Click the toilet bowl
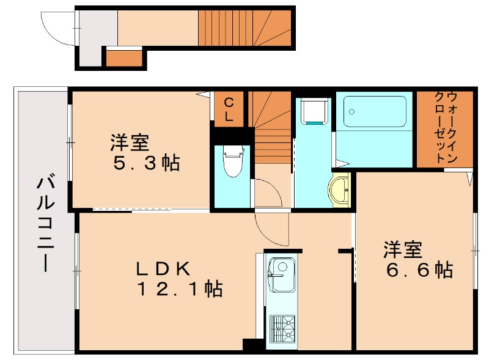tap(232, 163)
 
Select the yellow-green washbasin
tap(340, 189)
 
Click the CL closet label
tap(229, 109)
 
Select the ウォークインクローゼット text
tap(444, 127)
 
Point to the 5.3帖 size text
tap(145, 164)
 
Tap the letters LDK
tap(163, 268)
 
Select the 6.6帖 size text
tap(419, 270)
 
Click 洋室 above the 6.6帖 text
tap(403, 249)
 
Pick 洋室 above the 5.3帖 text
tap(130, 143)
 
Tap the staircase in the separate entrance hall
tap(244, 28)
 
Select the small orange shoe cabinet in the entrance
tap(124, 58)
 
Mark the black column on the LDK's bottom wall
tap(251, 345)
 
